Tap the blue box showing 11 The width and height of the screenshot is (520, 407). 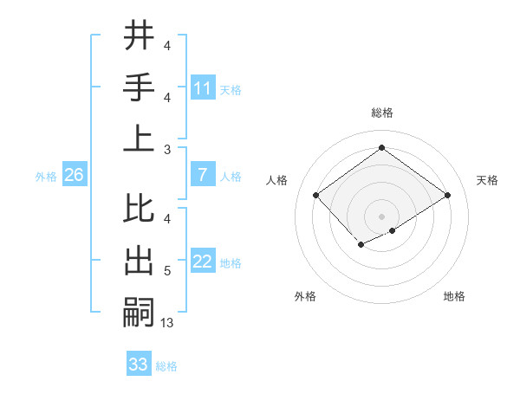(203, 88)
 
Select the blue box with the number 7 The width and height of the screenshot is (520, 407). (203, 176)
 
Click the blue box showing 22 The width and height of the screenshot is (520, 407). (203, 262)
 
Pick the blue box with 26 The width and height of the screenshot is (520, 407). (75, 176)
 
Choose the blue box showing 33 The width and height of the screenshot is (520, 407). (139, 365)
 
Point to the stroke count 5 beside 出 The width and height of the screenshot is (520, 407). (166, 271)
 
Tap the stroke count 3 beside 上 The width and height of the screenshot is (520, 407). (166, 150)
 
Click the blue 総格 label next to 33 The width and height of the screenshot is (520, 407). (166, 366)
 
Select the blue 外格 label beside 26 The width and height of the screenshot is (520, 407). (46, 177)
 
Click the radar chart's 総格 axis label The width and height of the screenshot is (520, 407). (381, 113)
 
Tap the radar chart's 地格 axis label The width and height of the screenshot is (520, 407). (454, 296)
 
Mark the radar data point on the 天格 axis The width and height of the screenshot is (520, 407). (448, 195)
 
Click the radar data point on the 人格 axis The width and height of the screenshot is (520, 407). (315, 195)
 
